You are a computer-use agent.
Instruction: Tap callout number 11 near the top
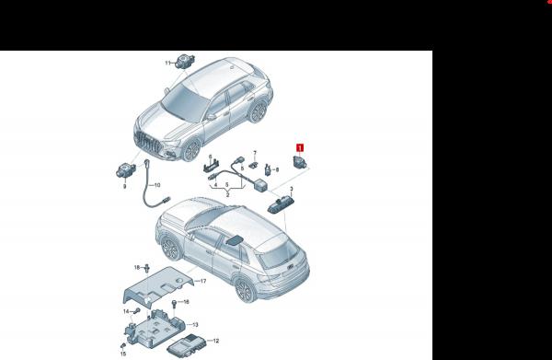click(169, 63)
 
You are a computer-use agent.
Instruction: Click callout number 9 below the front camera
click(124, 185)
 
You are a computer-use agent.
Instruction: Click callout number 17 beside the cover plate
click(202, 281)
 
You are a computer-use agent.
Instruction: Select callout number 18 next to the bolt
click(136, 267)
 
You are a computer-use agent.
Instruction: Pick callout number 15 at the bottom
click(122, 352)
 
